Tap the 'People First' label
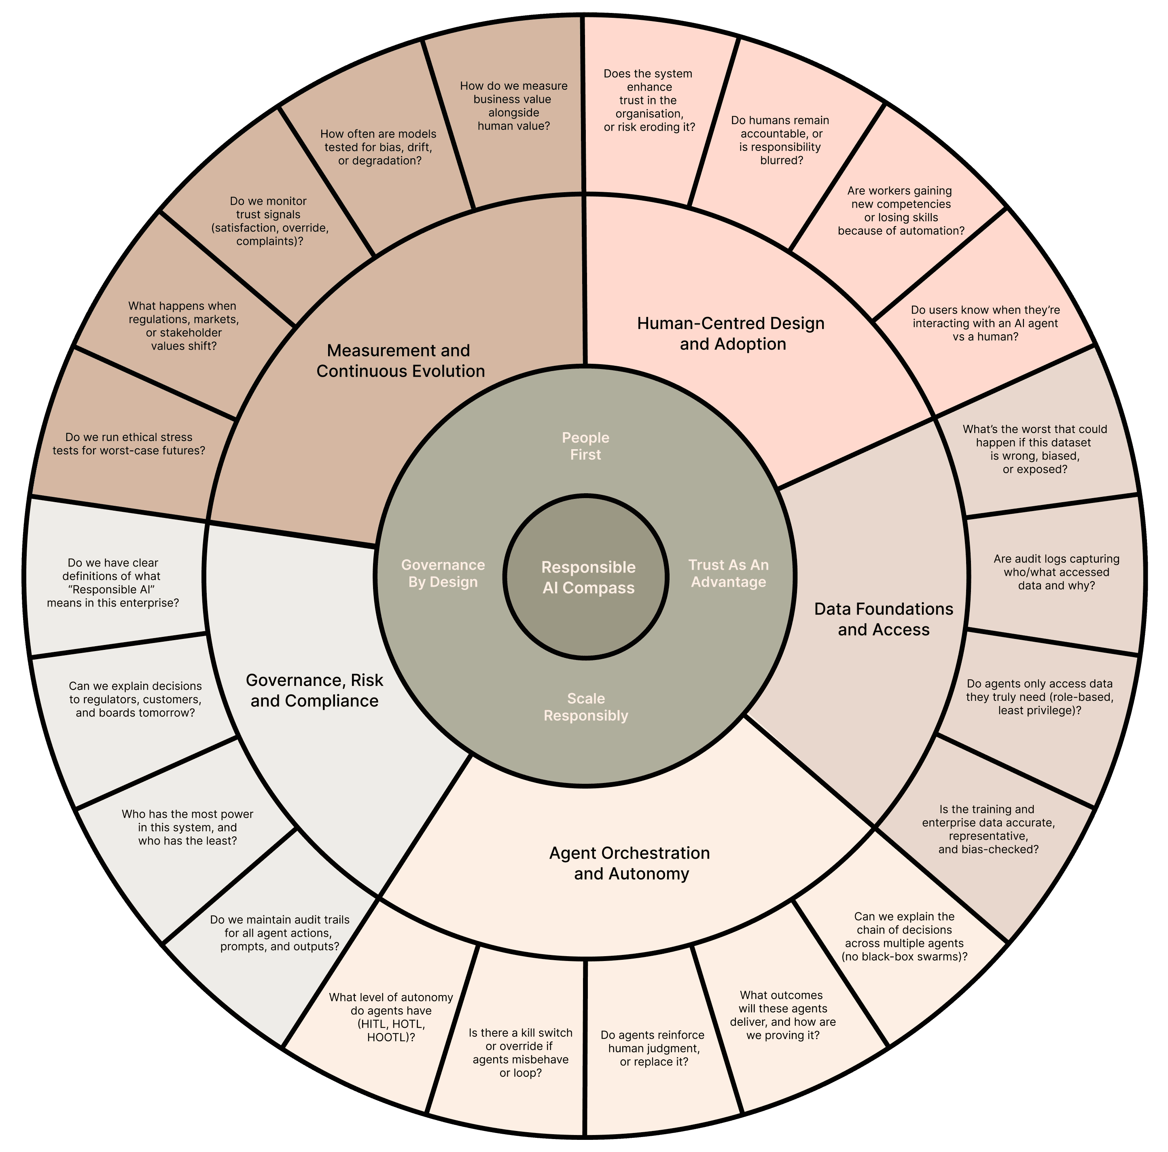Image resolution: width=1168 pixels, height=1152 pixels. click(585, 446)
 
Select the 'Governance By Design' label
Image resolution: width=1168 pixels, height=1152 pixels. click(443, 573)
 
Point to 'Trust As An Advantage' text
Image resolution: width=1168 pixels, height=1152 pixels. click(729, 573)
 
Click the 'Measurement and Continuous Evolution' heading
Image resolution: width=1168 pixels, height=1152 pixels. click(400, 361)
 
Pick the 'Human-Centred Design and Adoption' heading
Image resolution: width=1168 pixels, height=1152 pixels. click(731, 333)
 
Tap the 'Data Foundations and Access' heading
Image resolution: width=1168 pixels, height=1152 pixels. click(883, 619)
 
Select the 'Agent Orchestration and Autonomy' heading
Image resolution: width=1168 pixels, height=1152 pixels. click(630, 863)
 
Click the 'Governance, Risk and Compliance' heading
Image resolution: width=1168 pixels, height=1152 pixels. click(314, 691)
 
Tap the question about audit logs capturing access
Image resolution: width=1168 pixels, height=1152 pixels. click(1056, 572)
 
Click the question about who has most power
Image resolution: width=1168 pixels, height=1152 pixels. click(187, 827)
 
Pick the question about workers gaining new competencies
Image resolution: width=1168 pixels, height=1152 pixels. click(900, 210)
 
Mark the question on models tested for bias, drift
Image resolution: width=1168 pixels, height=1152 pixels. click(378, 147)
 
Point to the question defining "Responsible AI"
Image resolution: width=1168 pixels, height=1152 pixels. click(113, 583)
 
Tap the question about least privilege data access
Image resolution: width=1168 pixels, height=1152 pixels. click(1039, 697)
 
